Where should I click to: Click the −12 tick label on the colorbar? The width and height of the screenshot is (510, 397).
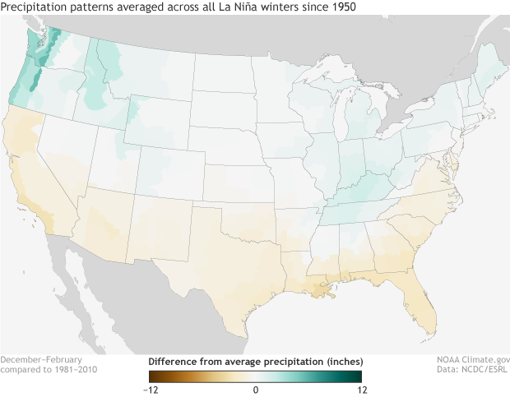150,389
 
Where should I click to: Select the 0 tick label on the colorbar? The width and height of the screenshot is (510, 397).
256,389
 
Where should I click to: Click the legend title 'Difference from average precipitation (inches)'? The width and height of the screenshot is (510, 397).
255,362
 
